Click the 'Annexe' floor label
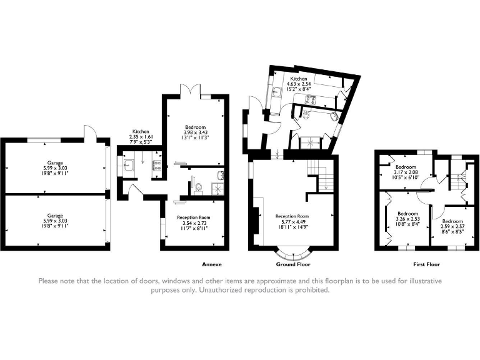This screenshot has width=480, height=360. (x=211, y=264)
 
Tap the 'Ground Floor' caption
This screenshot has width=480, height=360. (x=293, y=264)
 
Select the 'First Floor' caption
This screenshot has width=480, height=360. (x=426, y=264)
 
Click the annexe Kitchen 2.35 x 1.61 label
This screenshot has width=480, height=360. (x=141, y=137)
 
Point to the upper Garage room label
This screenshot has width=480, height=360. (x=56, y=168)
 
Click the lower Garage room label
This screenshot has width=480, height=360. (x=56, y=221)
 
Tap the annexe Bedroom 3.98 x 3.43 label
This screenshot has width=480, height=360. (x=195, y=132)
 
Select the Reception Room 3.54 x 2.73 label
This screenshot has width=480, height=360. (x=194, y=222)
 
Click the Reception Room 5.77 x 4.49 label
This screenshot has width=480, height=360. (x=292, y=221)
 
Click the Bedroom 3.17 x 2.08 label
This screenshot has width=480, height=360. (x=406, y=172)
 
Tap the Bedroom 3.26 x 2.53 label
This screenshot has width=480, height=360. (x=407, y=219)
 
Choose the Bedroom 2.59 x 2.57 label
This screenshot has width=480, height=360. (x=452, y=226)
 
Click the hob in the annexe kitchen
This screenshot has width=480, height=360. (x=157, y=165)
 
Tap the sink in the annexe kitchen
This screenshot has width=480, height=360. (x=129, y=166)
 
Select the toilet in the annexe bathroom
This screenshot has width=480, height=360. (x=198, y=188)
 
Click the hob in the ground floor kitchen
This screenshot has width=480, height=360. (x=311, y=99)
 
